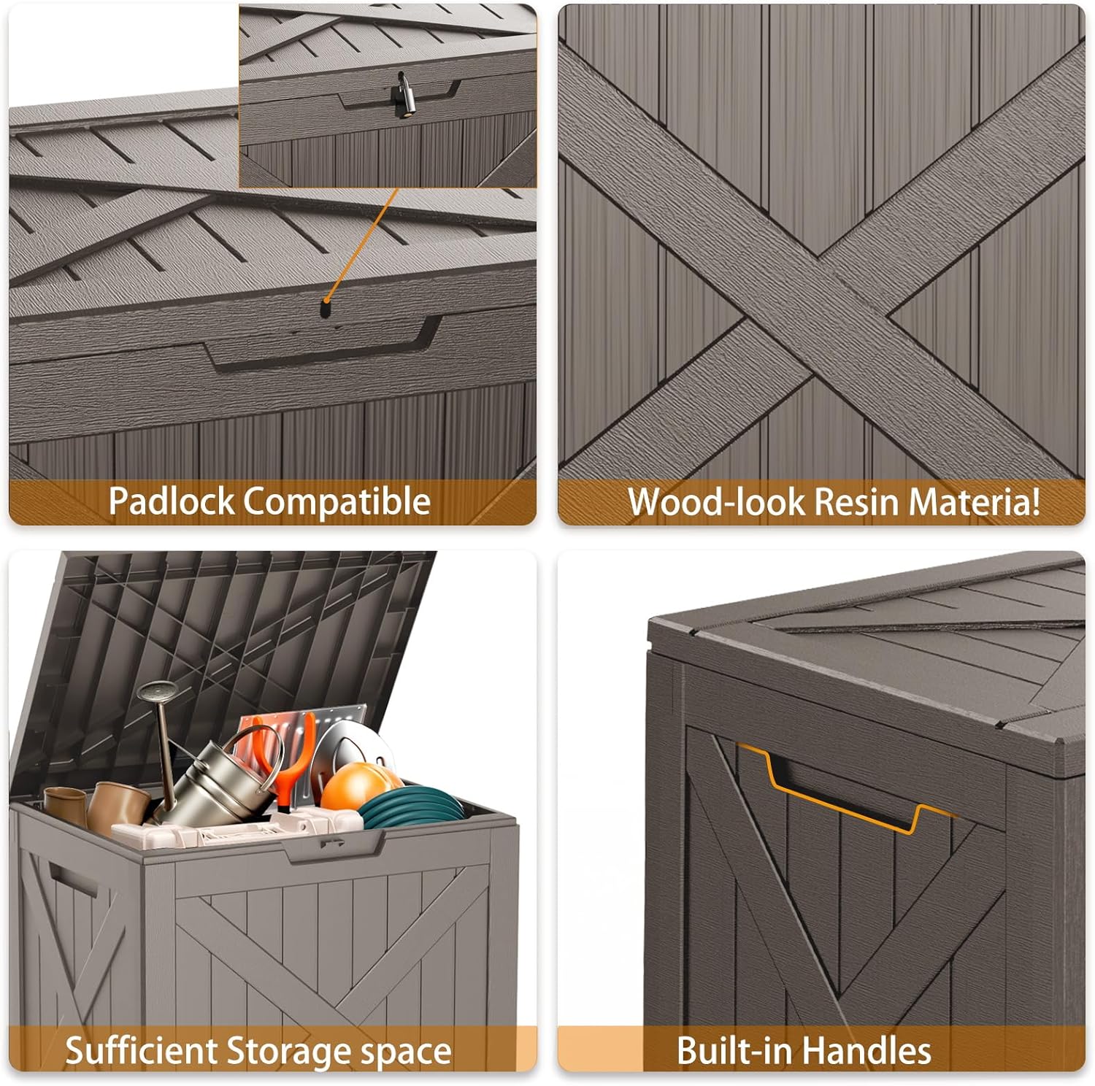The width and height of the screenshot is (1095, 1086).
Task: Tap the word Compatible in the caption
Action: click(337, 501)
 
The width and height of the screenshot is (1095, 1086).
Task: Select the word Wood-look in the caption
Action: click(717, 501)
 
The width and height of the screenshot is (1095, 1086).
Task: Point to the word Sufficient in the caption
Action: click(142, 1051)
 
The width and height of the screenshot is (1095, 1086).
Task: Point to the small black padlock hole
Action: click(324, 309)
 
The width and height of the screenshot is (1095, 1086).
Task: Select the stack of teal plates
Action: click(412, 809)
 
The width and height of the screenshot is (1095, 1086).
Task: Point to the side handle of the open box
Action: click(71, 879)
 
